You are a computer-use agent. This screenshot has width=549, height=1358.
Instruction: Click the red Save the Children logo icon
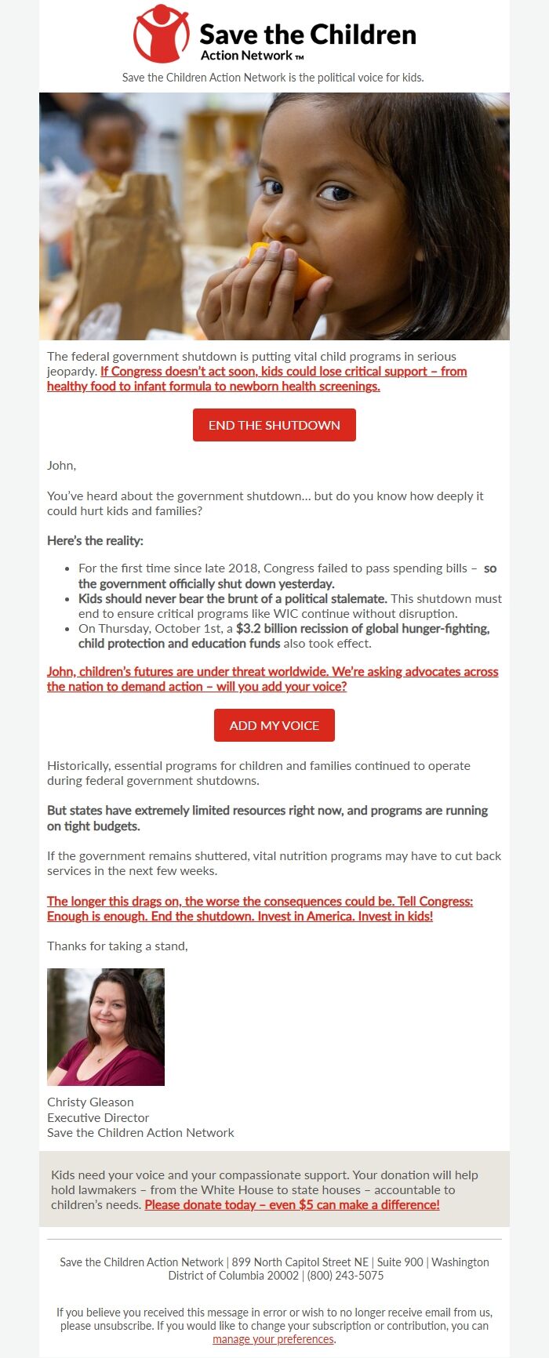[x=161, y=34]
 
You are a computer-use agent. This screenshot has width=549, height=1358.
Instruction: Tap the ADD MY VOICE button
[x=274, y=725]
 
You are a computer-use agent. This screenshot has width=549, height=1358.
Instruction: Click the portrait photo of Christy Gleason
[x=106, y=1026]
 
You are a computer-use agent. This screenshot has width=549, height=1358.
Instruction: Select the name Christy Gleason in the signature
[x=90, y=1102]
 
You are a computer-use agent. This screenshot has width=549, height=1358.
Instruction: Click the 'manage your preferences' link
[x=274, y=1339]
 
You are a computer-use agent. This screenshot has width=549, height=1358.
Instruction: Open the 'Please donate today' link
[x=292, y=1204]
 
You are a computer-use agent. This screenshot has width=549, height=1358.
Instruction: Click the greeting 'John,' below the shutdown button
[x=61, y=465]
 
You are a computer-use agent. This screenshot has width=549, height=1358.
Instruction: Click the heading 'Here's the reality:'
[x=95, y=540]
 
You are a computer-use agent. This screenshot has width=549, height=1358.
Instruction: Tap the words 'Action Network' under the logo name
[x=246, y=56]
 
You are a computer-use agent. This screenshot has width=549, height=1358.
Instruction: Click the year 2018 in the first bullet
[x=243, y=568]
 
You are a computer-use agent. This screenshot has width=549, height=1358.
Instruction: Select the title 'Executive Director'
[x=98, y=1117]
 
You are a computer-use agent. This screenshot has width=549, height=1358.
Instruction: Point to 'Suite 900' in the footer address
[x=400, y=1262]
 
